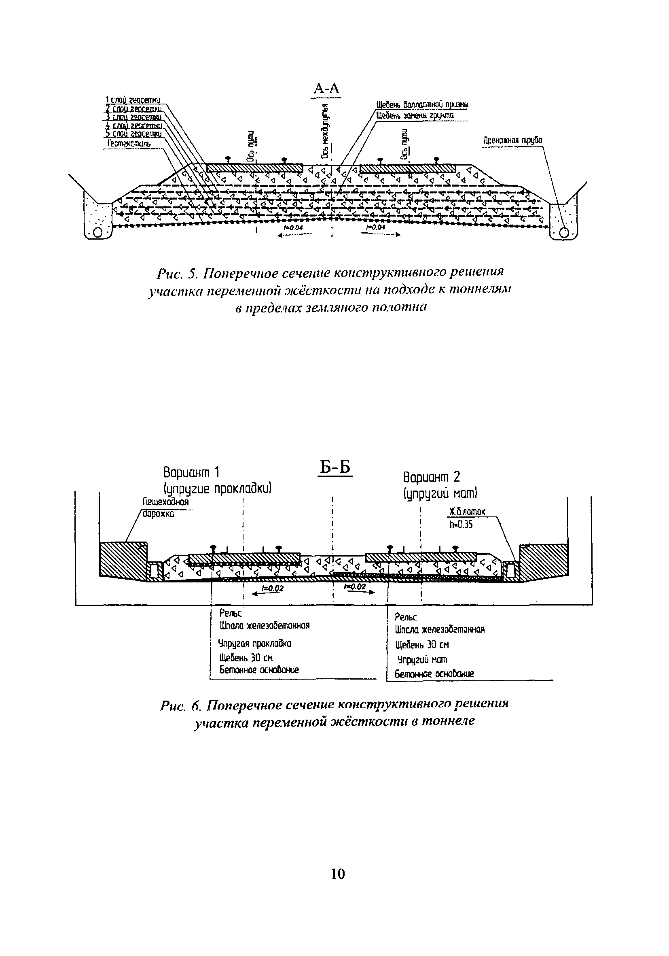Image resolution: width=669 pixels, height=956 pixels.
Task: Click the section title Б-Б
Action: (335, 468)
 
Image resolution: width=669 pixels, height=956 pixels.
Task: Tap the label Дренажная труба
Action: (512, 140)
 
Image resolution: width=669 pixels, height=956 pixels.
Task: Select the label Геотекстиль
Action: (129, 144)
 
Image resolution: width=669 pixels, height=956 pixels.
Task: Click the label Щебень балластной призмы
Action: (422, 104)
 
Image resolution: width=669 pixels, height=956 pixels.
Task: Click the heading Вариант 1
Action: (191, 473)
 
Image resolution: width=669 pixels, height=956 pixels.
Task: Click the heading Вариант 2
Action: (432, 477)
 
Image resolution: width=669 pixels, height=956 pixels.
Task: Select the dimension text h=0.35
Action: (461, 525)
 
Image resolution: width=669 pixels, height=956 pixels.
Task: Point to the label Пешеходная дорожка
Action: (165, 508)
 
